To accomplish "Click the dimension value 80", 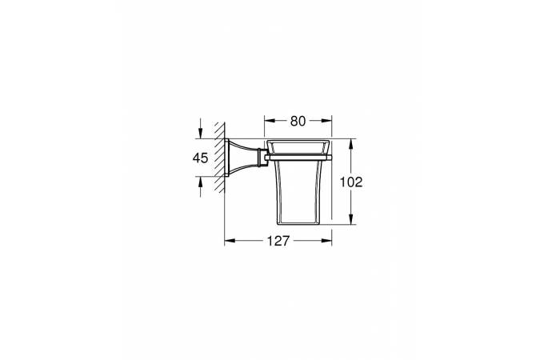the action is coord(298,121).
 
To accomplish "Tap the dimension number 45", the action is coord(201,158).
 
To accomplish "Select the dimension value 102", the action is coord(351,182).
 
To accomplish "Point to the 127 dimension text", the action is coord(278,241).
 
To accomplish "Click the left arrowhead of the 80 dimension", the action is coord(270,121).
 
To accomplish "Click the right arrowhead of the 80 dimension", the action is coord(326,121).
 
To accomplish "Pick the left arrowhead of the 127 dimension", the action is coord(230,241).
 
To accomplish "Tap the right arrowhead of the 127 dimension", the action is coord(326,241).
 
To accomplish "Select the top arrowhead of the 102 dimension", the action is coord(351,144).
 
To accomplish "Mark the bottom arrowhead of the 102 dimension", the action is coord(351,219).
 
